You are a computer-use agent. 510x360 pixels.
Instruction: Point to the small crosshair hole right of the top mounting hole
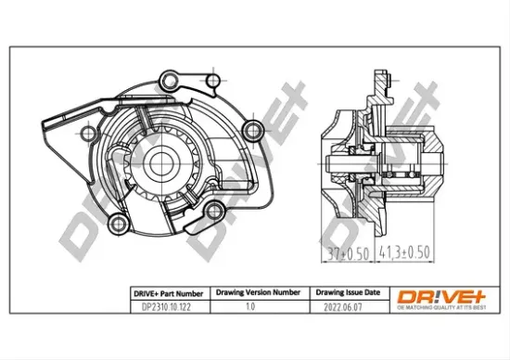pyautogui.click(x=215, y=82)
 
